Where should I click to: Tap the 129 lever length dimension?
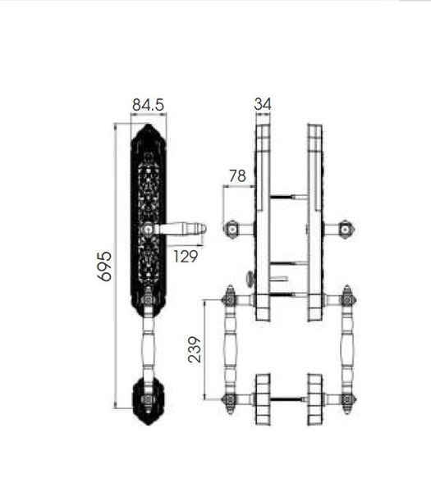(x=186, y=257)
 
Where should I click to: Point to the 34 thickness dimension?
(x=263, y=104)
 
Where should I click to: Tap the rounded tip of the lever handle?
(x=201, y=229)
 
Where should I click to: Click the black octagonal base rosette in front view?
(x=148, y=400)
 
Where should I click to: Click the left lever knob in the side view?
(x=232, y=228)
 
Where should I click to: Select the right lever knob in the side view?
(x=346, y=228)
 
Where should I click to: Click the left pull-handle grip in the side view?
(x=231, y=348)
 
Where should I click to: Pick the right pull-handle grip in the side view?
(x=347, y=348)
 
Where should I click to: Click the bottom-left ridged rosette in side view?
(x=262, y=400)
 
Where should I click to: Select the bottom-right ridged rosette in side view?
(x=315, y=400)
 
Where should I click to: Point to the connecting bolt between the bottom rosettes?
(x=288, y=400)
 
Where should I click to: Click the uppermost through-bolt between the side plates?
(x=288, y=198)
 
